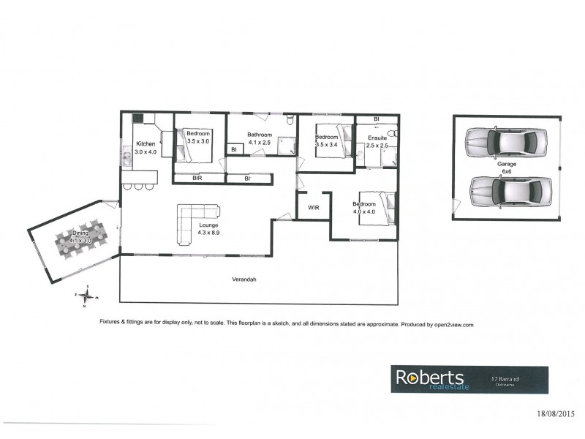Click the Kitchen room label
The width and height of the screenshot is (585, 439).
click(x=145, y=144)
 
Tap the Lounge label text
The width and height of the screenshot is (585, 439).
click(x=209, y=225)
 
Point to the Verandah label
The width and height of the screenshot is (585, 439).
click(x=243, y=279)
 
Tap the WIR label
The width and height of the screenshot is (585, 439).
click(x=314, y=208)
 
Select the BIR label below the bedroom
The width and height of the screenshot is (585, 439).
click(x=197, y=178)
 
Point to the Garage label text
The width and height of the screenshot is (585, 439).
click(x=507, y=165)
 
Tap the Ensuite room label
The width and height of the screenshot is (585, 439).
click(x=377, y=138)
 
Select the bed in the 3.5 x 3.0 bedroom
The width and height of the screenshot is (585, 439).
click(x=192, y=147)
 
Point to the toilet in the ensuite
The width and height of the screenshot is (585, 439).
click(x=392, y=134)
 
